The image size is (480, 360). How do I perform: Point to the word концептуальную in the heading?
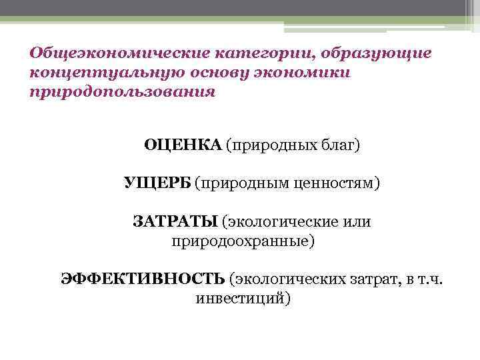coord(107,71)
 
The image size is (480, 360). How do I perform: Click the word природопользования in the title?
coord(123,91)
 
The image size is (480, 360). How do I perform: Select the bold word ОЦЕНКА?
coord(182,145)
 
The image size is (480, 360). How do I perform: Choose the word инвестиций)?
coord(243,297)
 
